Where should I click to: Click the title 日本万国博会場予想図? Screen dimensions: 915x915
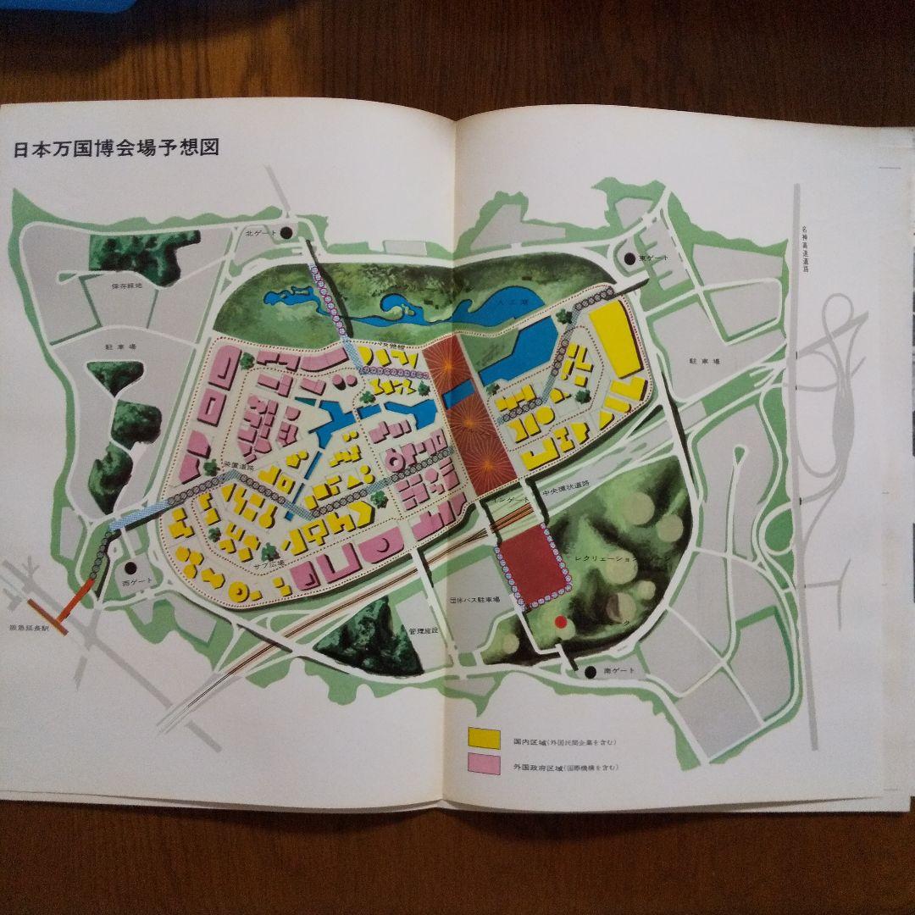(117, 148)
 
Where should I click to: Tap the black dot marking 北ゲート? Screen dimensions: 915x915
(287, 231)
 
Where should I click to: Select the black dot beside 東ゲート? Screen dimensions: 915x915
(629, 258)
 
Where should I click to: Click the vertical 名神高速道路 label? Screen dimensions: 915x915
(805, 250)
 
